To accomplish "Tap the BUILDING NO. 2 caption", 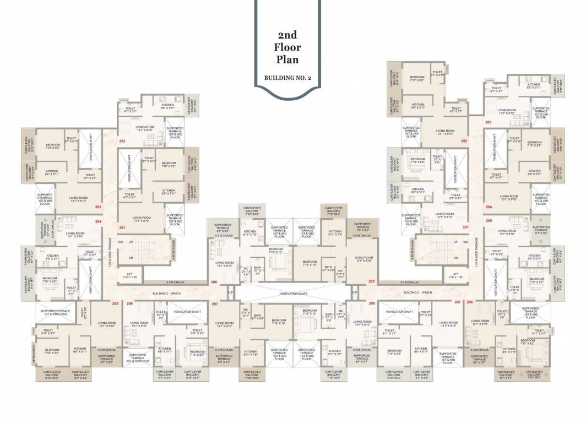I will (x=287, y=78).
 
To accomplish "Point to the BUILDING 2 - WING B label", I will (x=417, y=292).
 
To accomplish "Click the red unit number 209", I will (x=371, y=281).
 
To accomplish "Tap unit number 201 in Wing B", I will (x=465, y=227).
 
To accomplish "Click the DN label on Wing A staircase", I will (x=131, y=258).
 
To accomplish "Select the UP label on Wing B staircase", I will (x=455, y=242).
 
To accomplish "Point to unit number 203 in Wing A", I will (x=99, y=207).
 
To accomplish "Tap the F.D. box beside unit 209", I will (x=355, y=292).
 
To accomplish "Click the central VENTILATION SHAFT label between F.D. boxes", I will (x=292, y=294).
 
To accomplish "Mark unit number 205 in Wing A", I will (x=115, y=303).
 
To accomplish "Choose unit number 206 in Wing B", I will (x=470, y=302).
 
